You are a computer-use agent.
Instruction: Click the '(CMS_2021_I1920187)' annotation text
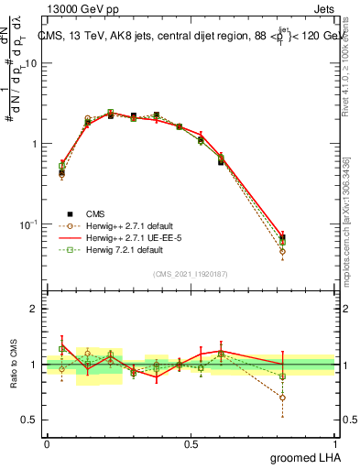tap(191, 273)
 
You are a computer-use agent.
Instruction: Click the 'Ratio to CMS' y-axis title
tap(13, 365)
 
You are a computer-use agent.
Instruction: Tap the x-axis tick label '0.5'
tap(191, 443)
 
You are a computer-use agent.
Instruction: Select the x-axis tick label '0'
tap(47, 443)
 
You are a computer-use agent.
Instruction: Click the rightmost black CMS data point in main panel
tap(308, 238)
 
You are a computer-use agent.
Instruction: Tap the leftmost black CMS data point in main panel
tap(61, 172)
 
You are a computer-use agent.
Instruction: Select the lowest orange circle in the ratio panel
tap(308, 398)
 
